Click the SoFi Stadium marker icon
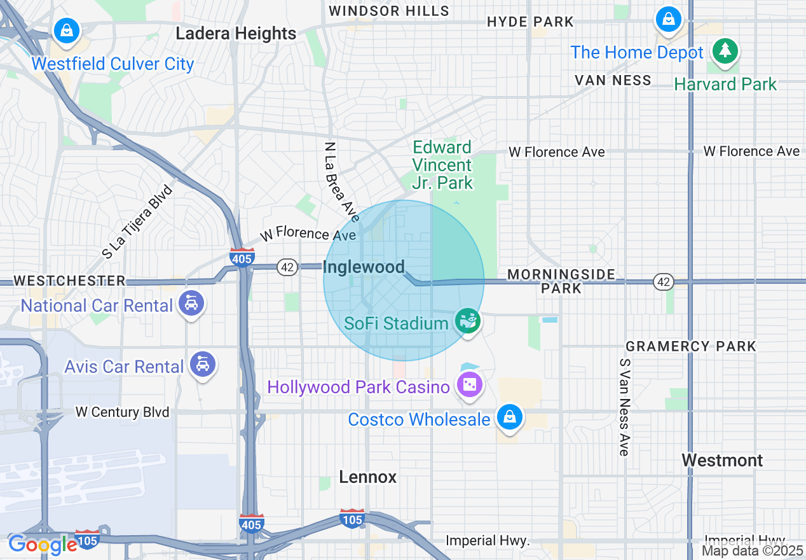point(468,321)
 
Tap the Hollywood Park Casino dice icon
point(470,385)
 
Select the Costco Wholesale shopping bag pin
point(509,417)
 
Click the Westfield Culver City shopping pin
point(66,30)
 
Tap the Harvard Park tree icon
point(725,50)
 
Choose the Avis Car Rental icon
point(203,364)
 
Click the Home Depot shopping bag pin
point(669,19)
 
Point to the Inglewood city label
point(364,267)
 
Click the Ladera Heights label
point(236,34)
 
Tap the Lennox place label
point(367,477)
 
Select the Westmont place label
point(721,460)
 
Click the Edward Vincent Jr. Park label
point(442,165)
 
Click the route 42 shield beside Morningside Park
point(663,282)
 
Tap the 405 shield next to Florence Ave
point(242,257)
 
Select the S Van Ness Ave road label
point(624,407)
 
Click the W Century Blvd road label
point(122,412)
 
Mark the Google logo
point(43,545)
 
